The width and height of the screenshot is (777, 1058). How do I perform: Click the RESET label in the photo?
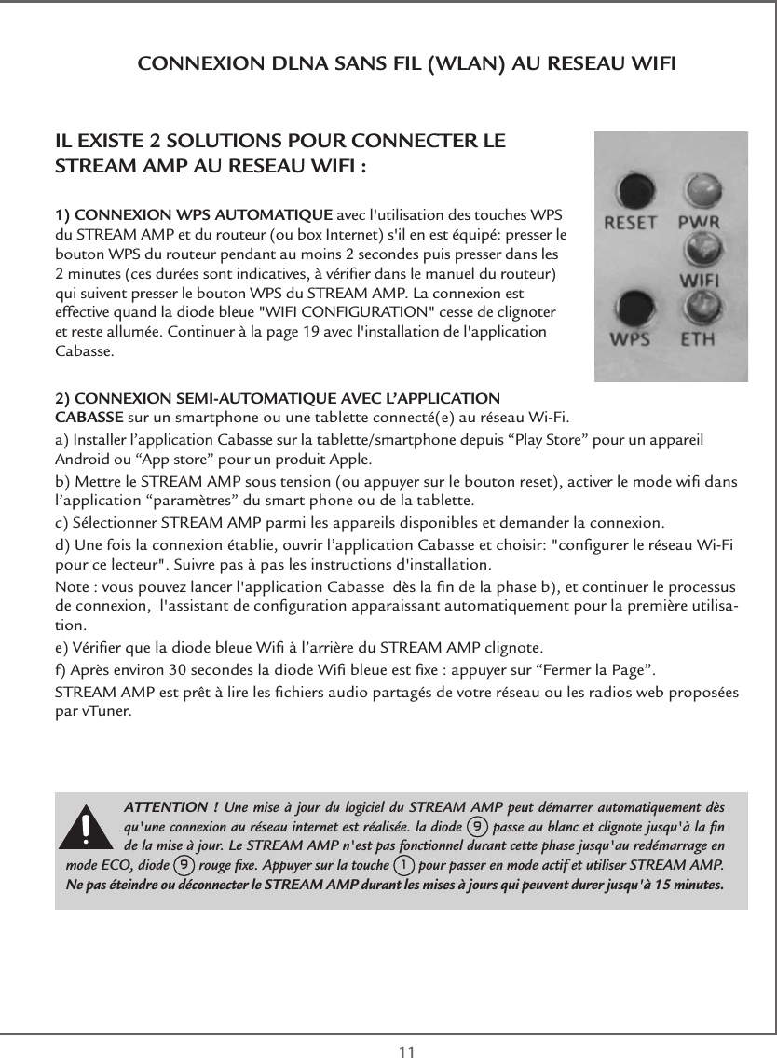coord(632,224)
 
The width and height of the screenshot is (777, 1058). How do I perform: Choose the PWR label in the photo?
coord(702,224)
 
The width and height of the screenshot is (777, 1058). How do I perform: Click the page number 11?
coord(406,1051)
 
